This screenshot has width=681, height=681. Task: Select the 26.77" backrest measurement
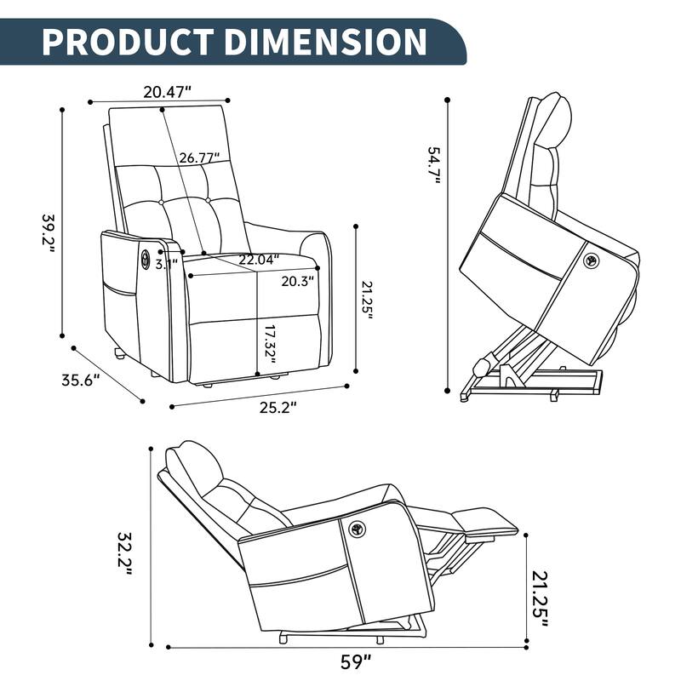199,157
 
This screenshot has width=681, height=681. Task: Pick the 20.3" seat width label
298,279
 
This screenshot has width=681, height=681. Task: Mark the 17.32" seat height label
272,342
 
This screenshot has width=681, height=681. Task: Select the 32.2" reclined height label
125,554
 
